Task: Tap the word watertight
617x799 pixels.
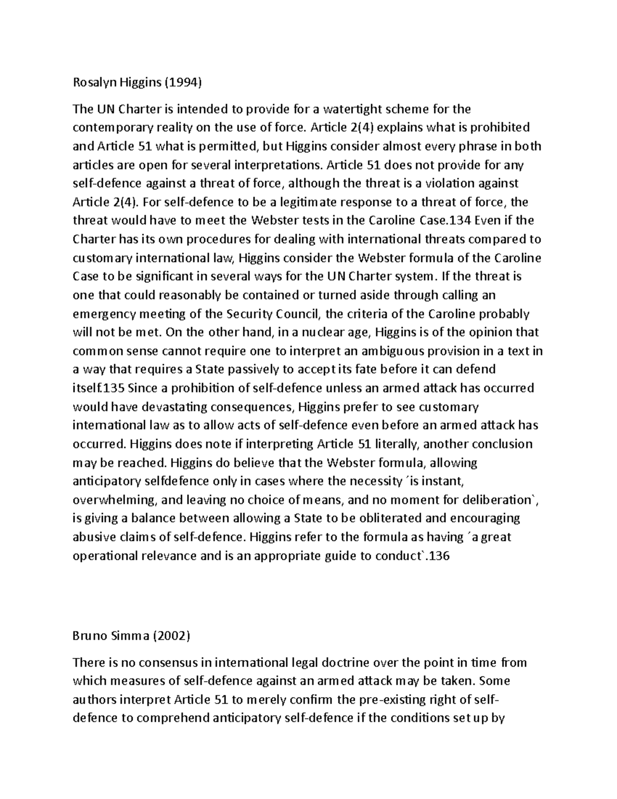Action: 367,109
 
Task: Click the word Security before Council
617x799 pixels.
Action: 249,314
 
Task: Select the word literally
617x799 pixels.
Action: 389,444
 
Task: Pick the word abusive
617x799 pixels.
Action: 94,537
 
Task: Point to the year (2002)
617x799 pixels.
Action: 171,636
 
